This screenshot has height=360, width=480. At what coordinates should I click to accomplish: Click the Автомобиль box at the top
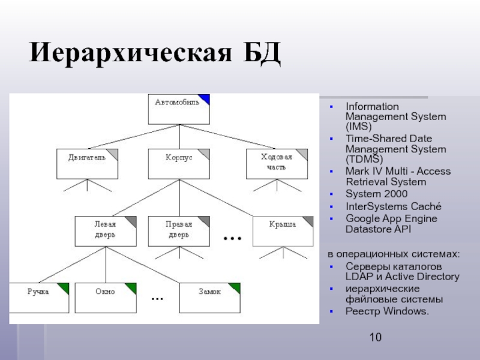pos(179,109)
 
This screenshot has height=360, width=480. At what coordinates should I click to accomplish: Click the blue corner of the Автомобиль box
pos(204,99)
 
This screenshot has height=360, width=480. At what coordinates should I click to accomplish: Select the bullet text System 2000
pos(376,194)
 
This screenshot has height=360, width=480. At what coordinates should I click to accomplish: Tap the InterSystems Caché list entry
pos(393,206)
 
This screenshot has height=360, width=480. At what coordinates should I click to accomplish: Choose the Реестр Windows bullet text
pos(387,311)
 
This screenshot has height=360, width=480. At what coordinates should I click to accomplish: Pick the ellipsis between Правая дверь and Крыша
pos(232,239)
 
